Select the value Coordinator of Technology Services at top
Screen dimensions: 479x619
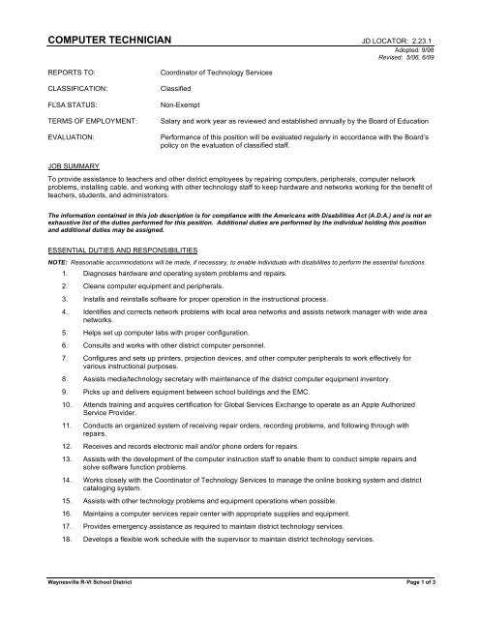click(216, 73)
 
